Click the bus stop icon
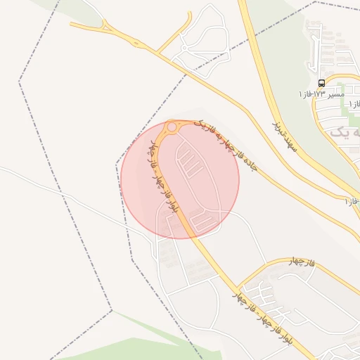point(322,83)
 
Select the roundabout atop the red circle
point(172,127)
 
